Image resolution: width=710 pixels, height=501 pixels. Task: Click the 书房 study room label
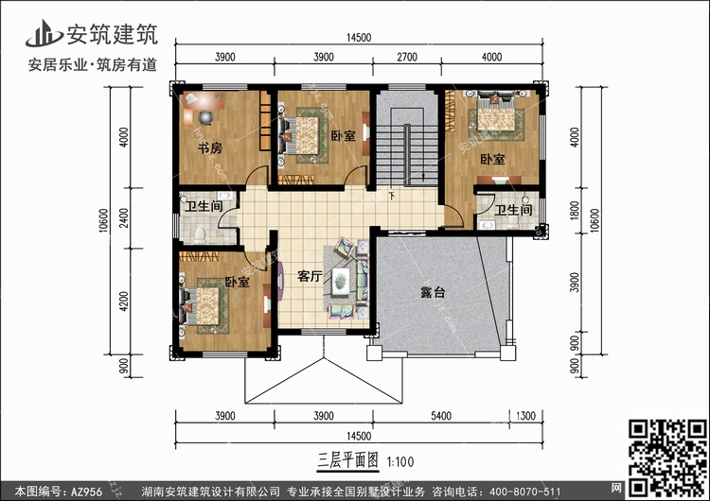(x=209, y=148)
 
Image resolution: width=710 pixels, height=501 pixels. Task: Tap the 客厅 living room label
(x=310, y=277)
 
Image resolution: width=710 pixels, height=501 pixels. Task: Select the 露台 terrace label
(x=435, y=293)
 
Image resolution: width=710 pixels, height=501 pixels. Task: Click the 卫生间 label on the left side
(x=203, y=207)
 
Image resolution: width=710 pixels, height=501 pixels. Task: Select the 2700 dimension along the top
(x=404, y=58)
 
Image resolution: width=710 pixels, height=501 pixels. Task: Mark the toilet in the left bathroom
(x=198, y=232)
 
